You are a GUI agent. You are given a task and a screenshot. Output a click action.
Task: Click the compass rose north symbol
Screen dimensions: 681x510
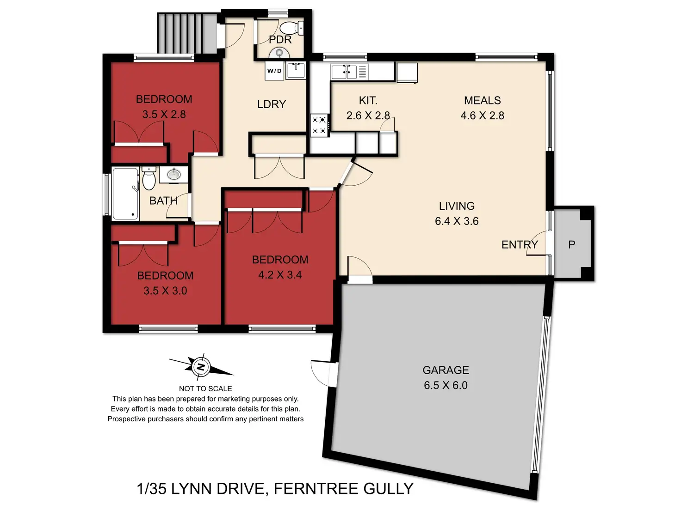[x=201, y=367]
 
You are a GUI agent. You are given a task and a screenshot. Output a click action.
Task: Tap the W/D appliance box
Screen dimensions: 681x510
[x=274, y=71]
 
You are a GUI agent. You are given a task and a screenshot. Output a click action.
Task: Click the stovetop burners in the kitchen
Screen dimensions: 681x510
[x=320, y=125]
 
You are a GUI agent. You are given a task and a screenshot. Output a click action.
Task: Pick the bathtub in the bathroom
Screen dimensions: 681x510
[x=125, y=194]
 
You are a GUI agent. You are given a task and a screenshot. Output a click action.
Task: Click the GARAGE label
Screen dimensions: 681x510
[x=446, y=370]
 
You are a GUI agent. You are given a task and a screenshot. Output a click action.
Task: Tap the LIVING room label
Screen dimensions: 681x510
[x=457, y=206]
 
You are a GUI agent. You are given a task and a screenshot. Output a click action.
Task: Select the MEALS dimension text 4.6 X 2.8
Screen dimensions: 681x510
[x=482, y=115]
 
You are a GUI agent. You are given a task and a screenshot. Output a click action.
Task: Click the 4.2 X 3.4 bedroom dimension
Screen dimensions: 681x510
[x=280, y=275]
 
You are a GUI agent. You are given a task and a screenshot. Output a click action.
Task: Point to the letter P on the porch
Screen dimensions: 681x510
[x=571, y=245]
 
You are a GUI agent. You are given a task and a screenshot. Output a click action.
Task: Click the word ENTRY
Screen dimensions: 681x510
[x=520, y=245]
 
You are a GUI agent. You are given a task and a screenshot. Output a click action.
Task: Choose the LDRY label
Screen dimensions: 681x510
[x=272, y=104]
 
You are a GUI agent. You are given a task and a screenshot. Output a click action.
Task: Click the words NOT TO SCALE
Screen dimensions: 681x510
[x=205, y=389]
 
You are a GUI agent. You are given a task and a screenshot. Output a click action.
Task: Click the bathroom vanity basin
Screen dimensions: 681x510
[x=174, y=175]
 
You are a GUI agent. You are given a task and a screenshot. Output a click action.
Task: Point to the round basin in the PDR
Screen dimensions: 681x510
[x=279, y=53]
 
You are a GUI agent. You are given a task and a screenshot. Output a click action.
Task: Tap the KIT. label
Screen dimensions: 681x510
[x=368, y=100]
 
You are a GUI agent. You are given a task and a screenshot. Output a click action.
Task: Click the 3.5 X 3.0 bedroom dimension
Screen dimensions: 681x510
[x=165, y=291]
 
